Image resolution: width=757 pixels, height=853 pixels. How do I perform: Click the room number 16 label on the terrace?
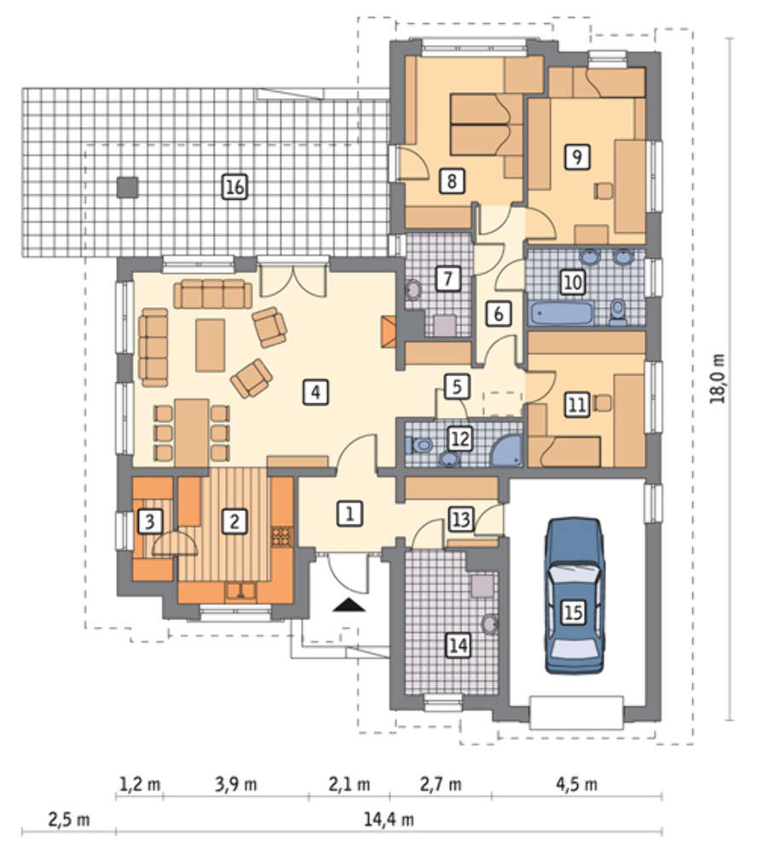tap(234, 187)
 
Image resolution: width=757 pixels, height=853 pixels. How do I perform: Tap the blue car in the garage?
tap(575, 595)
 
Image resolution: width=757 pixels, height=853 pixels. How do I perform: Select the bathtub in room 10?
tap(562, 315)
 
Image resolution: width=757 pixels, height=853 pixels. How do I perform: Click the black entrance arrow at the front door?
tap(349, 605)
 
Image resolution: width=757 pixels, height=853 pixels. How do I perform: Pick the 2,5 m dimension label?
tap(68, 819)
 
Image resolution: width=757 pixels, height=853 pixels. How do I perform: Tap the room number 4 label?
tap(316, 392)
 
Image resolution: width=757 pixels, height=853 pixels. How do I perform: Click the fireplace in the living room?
tap(390, 333)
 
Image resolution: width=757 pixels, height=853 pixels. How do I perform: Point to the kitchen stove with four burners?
tap(281, 536)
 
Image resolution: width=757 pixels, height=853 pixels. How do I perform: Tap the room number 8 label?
tap(452, 181)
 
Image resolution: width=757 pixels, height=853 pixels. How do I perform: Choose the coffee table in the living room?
tap(210, 345)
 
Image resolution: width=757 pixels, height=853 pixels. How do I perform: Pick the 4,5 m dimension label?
tap(576, 784)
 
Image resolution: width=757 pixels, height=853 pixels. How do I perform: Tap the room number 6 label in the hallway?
tap(498, 313)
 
